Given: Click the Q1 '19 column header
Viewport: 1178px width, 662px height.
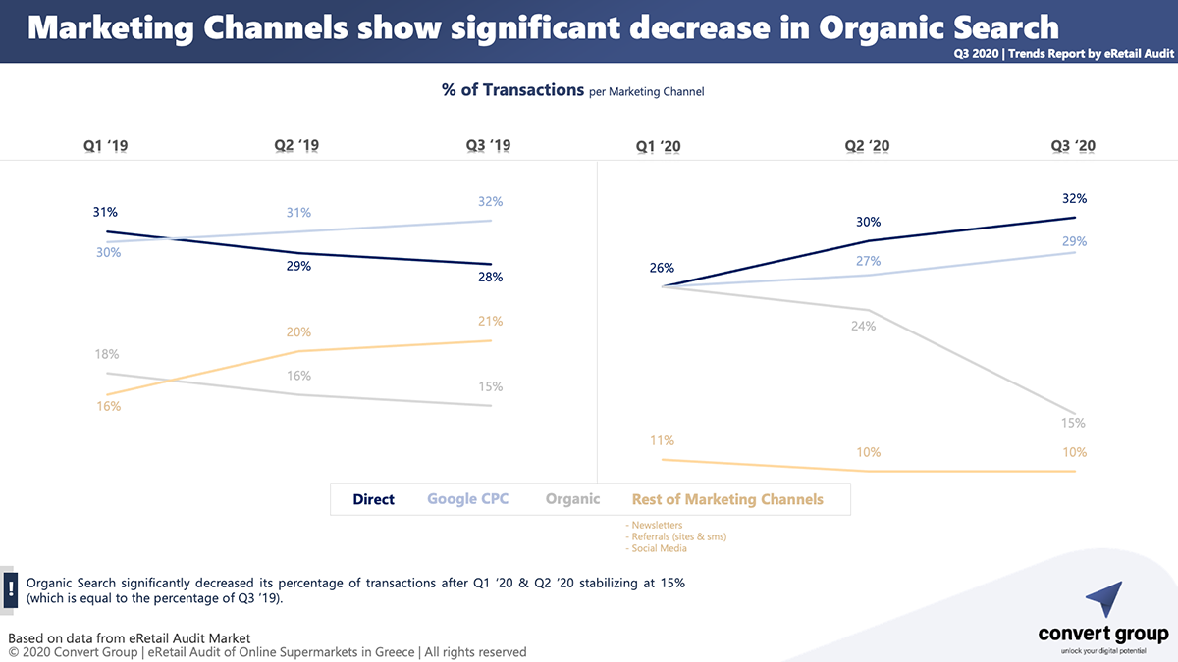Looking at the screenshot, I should pyautogui.click(x=105, y=146).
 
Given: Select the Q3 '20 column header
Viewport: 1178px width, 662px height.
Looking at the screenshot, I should pyautogui.click(x=1073, y=146).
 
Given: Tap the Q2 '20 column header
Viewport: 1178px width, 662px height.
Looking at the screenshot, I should pyautogui.click(x=868, y=146).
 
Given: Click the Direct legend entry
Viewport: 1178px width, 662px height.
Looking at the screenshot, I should pyautogui.click(x=374, y=499).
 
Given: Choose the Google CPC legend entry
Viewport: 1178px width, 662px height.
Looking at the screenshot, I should pyautogui.click(x=469, y=499).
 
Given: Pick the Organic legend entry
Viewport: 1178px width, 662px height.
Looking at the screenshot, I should pyautogui.click(x=572, y=499).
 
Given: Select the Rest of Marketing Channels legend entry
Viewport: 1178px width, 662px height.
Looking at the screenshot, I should pyautogui.click(x=727, y=499).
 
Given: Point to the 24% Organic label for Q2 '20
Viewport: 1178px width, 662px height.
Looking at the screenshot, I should pyautogui.click(x=863, y=326).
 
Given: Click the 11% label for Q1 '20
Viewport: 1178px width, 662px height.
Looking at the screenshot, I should pyautogui.click(x=662, y=441).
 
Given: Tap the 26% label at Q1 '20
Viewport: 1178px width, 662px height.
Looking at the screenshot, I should pyautogui.click(x=662, y=269).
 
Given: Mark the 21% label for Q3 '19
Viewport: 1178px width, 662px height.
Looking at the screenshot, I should pyautogui.click(x=491, y=322).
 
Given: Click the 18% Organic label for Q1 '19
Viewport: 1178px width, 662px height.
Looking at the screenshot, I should pyautogui.click(x=106, y=354).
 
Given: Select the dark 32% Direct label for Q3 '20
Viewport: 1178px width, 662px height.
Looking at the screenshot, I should pyautogui.click(x=1075, y=199).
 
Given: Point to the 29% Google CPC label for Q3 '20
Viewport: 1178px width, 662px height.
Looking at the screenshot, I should pyautogui.click(x=1075, y=241).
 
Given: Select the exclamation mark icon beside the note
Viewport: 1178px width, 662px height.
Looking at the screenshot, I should pyautogui.click(x=10, y=588).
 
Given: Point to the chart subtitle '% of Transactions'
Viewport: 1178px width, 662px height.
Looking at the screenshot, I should pyautogui.click(x=512, y=90).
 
